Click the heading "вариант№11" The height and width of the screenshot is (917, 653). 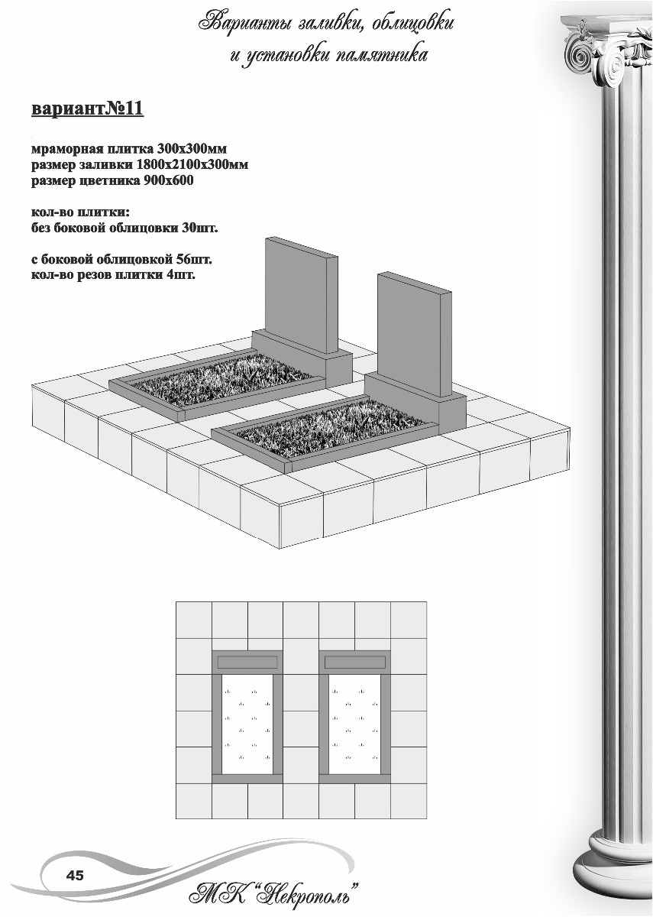tap(87, 109)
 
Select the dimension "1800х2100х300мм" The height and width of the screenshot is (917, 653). tap(192, 164)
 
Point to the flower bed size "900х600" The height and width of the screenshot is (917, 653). tap(168, 180)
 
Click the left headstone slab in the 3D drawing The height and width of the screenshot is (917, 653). tap(302, 295)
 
